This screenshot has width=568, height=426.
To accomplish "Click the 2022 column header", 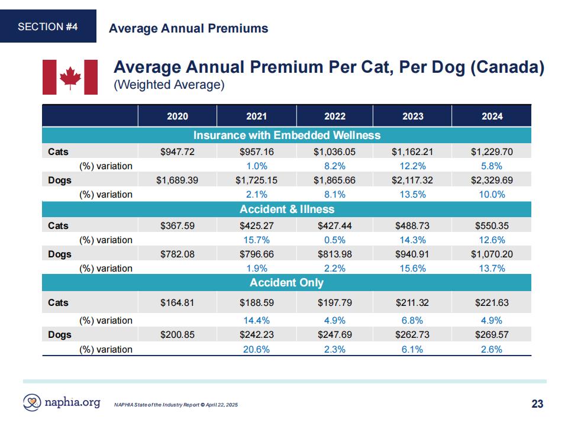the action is click(335, 117).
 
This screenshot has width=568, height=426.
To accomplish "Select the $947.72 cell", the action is click(177, 152).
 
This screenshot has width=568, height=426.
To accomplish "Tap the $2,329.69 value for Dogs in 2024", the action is click(492, 180).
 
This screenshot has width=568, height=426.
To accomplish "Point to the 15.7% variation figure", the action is click(256, 240).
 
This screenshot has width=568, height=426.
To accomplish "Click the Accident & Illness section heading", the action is click(287, 209).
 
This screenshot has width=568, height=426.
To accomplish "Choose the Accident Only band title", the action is click(286, 283).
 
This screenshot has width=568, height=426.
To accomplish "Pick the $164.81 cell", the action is click(177, 302).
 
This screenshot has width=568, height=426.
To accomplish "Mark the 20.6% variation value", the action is click(256, 349).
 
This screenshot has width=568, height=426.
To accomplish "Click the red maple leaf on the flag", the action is click(70, 77).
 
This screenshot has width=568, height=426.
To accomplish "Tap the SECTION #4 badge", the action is click(48, 27).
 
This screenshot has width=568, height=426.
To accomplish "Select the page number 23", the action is click(537, 404).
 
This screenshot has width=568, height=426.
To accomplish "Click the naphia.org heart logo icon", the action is click(32, 402).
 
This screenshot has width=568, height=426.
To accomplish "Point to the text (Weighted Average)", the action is click(169, 85).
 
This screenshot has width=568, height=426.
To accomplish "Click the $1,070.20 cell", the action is click(492, 254).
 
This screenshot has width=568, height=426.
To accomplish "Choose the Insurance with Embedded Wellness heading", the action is click(287, 135).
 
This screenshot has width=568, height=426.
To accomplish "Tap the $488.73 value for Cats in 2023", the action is click(412, 225).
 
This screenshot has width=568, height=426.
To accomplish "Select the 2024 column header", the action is click(492, 117).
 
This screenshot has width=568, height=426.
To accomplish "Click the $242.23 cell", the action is click(256, 334).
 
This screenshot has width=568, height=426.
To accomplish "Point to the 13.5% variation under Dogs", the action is click(412, 195).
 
